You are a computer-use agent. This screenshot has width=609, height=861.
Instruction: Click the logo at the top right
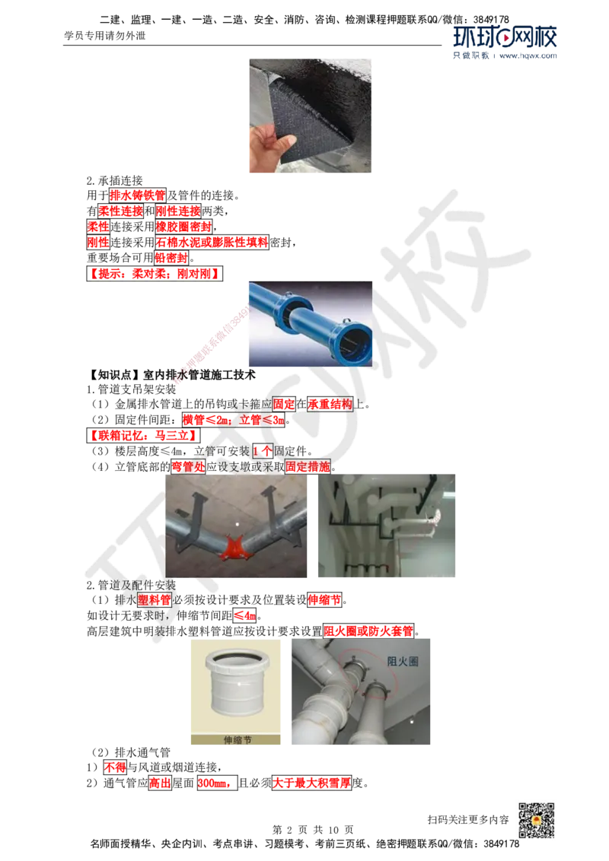pos(505,42)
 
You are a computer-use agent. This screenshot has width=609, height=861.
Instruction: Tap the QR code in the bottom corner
pos(535,820)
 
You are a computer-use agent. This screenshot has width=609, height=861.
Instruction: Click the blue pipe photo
pos(313,325)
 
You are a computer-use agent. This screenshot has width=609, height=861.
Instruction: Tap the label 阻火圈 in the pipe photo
pos(403,662)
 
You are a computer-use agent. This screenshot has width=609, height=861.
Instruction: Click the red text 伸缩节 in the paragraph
pos(324,600)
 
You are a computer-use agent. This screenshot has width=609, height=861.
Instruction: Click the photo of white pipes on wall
pos(386,523)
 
